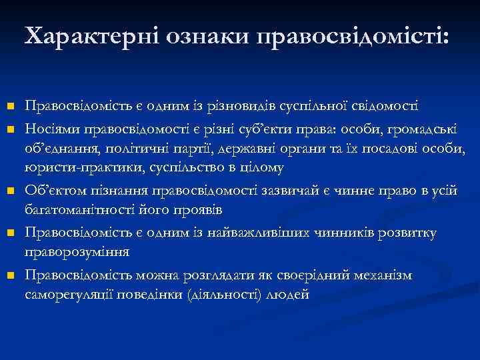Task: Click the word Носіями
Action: pos(47,127)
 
